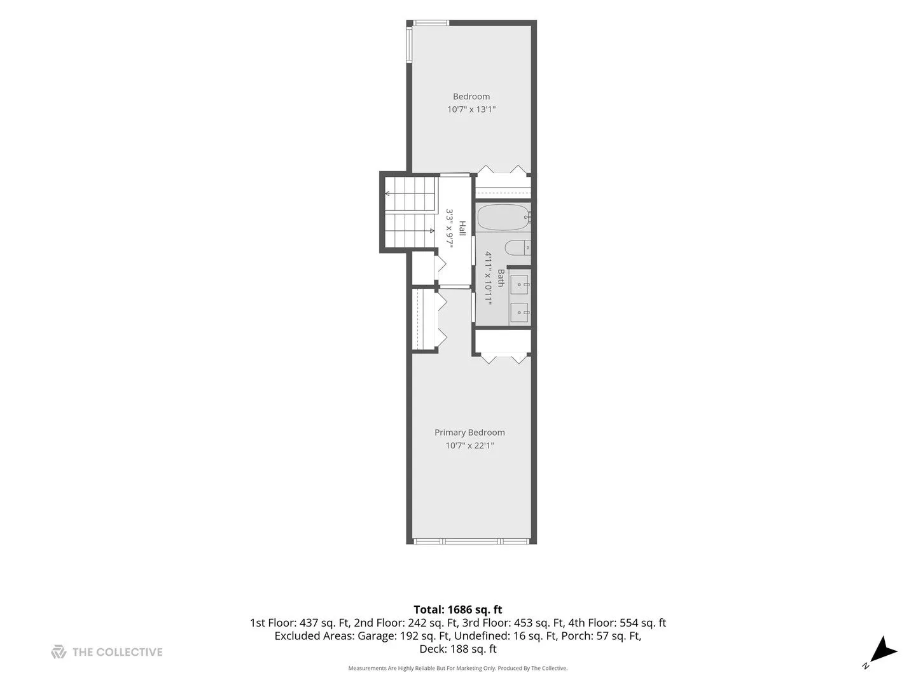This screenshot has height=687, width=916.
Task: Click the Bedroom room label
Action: pyautogui.click(x=471, y=96)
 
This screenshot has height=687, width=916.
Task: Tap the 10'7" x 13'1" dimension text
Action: pyautogui.click(x=471, y=109)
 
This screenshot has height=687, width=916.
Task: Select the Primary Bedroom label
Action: pyautogui.click(x=469, y=433)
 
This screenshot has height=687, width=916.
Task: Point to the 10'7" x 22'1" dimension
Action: pyautogui.click(x=469, y=445)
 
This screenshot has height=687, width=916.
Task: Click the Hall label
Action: pyautogui.click(x=462, y=228)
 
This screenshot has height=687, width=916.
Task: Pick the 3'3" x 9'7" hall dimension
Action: pyautogui.click(x=450, y=228)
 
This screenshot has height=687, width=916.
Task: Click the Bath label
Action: pyautogui.click(x=501, y=278)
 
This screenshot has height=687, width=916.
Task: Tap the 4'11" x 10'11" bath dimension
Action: pyautogui.click(x=489, y=278)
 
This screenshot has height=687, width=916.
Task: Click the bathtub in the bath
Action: pyautogui.click(x=503, y=218)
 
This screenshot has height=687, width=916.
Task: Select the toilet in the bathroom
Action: pyautogui.click(x=517, y=248)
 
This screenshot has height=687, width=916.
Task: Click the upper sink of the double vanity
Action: pyautogui.click(x=520, y=285)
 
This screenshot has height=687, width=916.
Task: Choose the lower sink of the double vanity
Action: pyautogui.click(x=520, y=312)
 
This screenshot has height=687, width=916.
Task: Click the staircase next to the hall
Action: pyautogui.click(x=410, y=212)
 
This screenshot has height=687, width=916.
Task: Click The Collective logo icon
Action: pyautogui.click(x=59, y=652)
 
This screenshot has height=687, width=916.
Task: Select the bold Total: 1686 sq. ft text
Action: pyautogui.click(x=458, y=610)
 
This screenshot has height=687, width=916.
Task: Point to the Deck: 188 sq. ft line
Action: pyautogui.click(x=458, y=649)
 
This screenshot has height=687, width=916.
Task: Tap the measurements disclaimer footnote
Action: pyautogui.click(x=458, y=668)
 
